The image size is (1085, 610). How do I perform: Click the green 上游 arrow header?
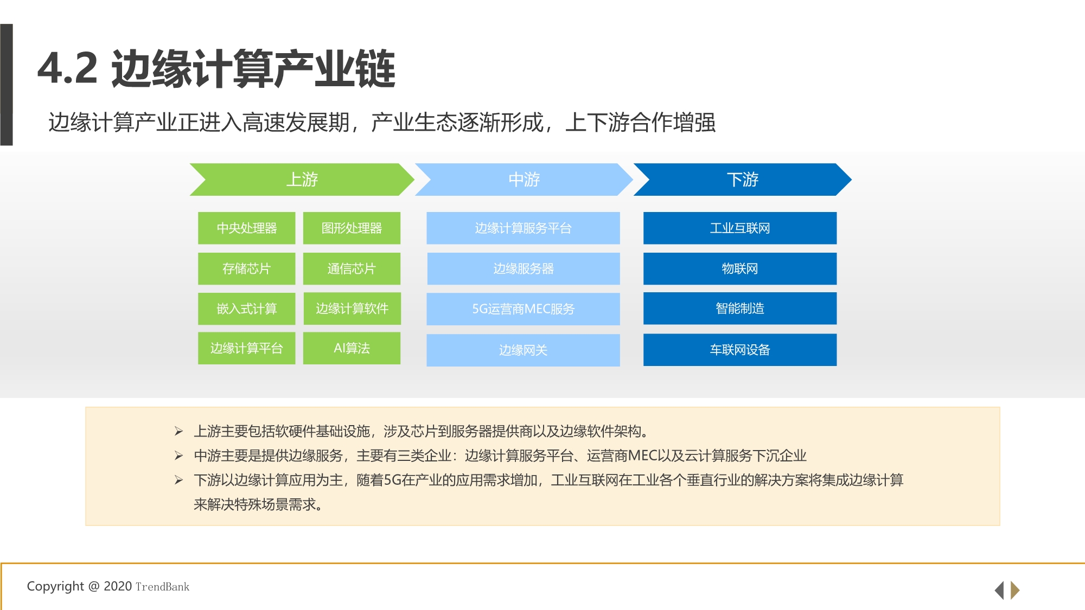pyautogui.click(x=302, y=179)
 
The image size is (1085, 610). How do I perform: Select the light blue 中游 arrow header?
pyautogui.click(x=524, y=179)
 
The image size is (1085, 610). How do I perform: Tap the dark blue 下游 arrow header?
pyautogui.click(x=742, y=179)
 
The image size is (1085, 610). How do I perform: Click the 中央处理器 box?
pyautogui.click(x=246, y=228)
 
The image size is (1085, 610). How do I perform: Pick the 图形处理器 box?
pyautogui.click(x=352, y=228)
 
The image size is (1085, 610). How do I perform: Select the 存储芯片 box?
pyautogui.click(x=246, y=269)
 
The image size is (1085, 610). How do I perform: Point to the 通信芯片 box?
pyautogui.click(x=352, y=269)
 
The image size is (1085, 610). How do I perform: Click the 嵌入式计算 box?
pyautogui.click(x=246, y=309)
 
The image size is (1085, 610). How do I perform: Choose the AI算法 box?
pyautogui.click(x=352, y=348)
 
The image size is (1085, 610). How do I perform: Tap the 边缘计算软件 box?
pyautogui.click(x=352, y=309)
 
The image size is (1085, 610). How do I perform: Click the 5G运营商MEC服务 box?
pyautogui.click(x=523, y=309)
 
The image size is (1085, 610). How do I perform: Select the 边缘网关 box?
pyautogui.click(x=523, y=350)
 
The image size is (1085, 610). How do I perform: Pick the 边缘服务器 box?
pyautogui.click(x=523, y=269)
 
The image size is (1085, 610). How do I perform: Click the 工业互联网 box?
pyautogui.click(x=740, y=228)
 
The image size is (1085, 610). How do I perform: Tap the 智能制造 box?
pyautogui.click(x=740, y=309)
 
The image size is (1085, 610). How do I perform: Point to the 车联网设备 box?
pyautogui.click(x=740, y=350)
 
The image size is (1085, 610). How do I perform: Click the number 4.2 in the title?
pyautogui.click(x=68, y=69)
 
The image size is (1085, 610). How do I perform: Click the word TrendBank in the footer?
pyautogui.click(x=162, y=587)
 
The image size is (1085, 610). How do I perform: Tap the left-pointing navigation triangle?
pyautogui.click(x=999, y=590)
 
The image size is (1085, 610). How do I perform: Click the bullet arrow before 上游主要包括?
pyautogui.click(x=178, y=432)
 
